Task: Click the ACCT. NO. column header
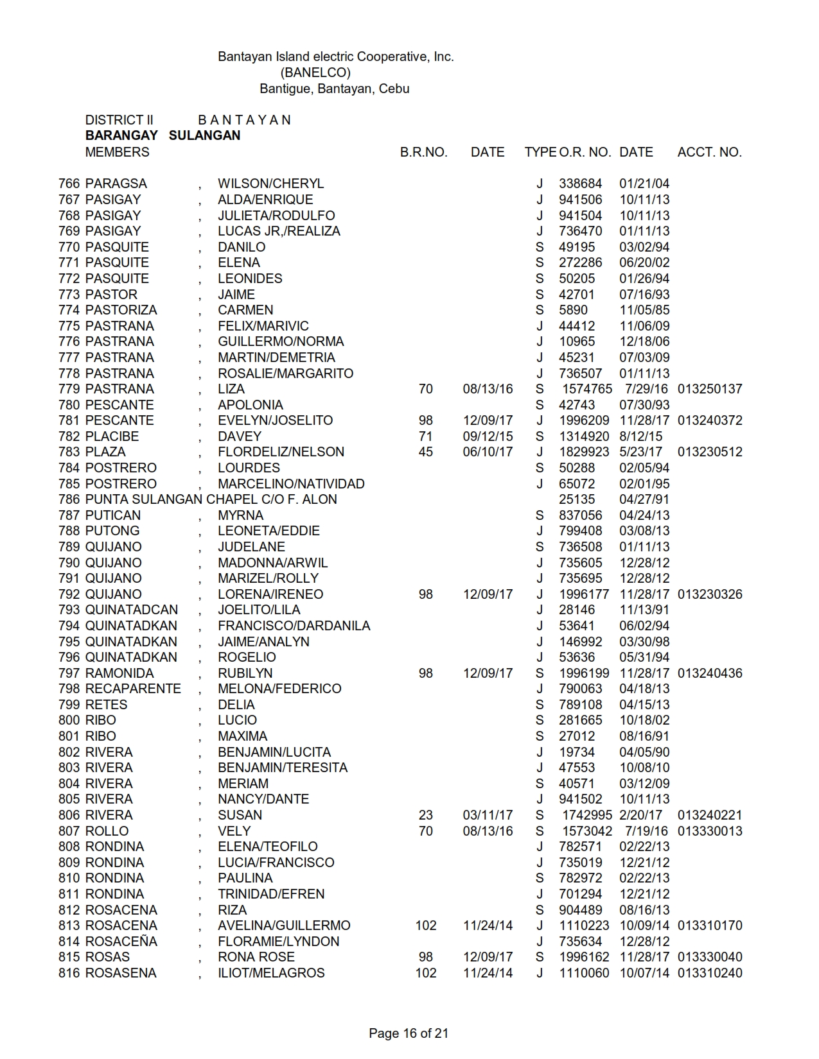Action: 709,152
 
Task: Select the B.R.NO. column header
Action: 423,152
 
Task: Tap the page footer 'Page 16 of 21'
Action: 409,1033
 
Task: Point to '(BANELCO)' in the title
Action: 315,73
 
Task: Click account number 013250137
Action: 710,389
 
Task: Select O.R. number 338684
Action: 580,184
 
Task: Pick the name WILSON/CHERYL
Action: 270,184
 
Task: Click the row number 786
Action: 69,499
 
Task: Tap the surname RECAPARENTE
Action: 133,689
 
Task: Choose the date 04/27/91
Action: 644,499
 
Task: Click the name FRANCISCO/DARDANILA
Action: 294,626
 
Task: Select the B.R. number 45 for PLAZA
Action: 425,452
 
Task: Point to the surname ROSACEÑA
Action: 121,942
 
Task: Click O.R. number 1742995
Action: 587,815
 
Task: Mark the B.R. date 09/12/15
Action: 488,436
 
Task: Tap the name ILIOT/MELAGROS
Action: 271,973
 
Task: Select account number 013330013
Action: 710,831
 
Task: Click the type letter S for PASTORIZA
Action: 540,310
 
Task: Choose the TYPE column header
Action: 540,152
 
